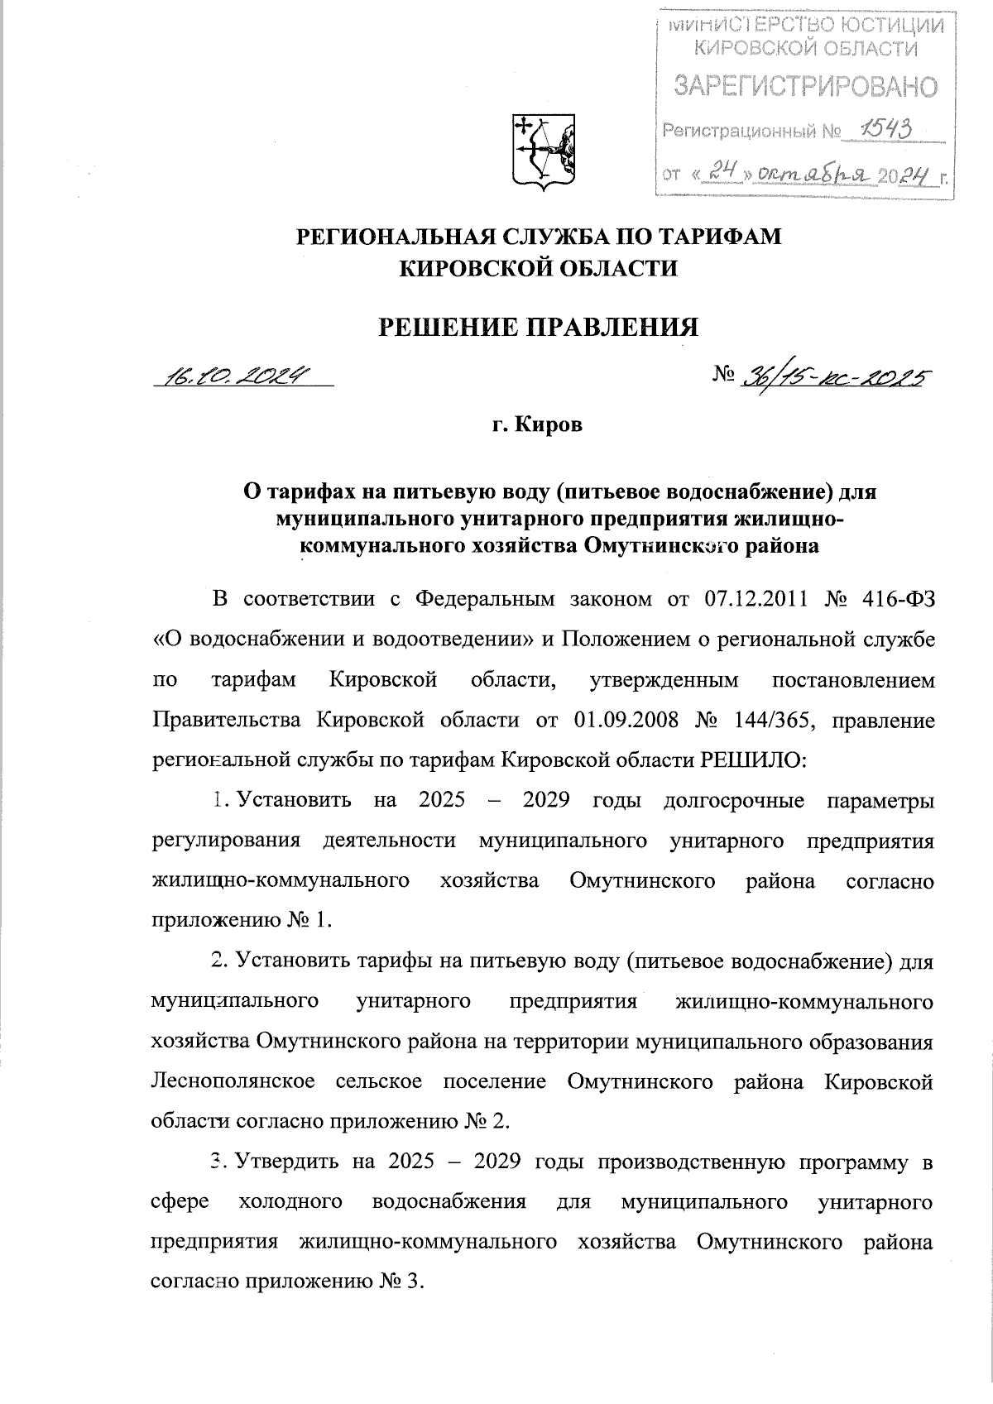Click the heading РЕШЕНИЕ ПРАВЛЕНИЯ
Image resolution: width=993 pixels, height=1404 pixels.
tap(539, 328)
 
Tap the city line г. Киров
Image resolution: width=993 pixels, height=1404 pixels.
tap(538, 426)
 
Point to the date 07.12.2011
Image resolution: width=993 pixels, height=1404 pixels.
tap(756, 599)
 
